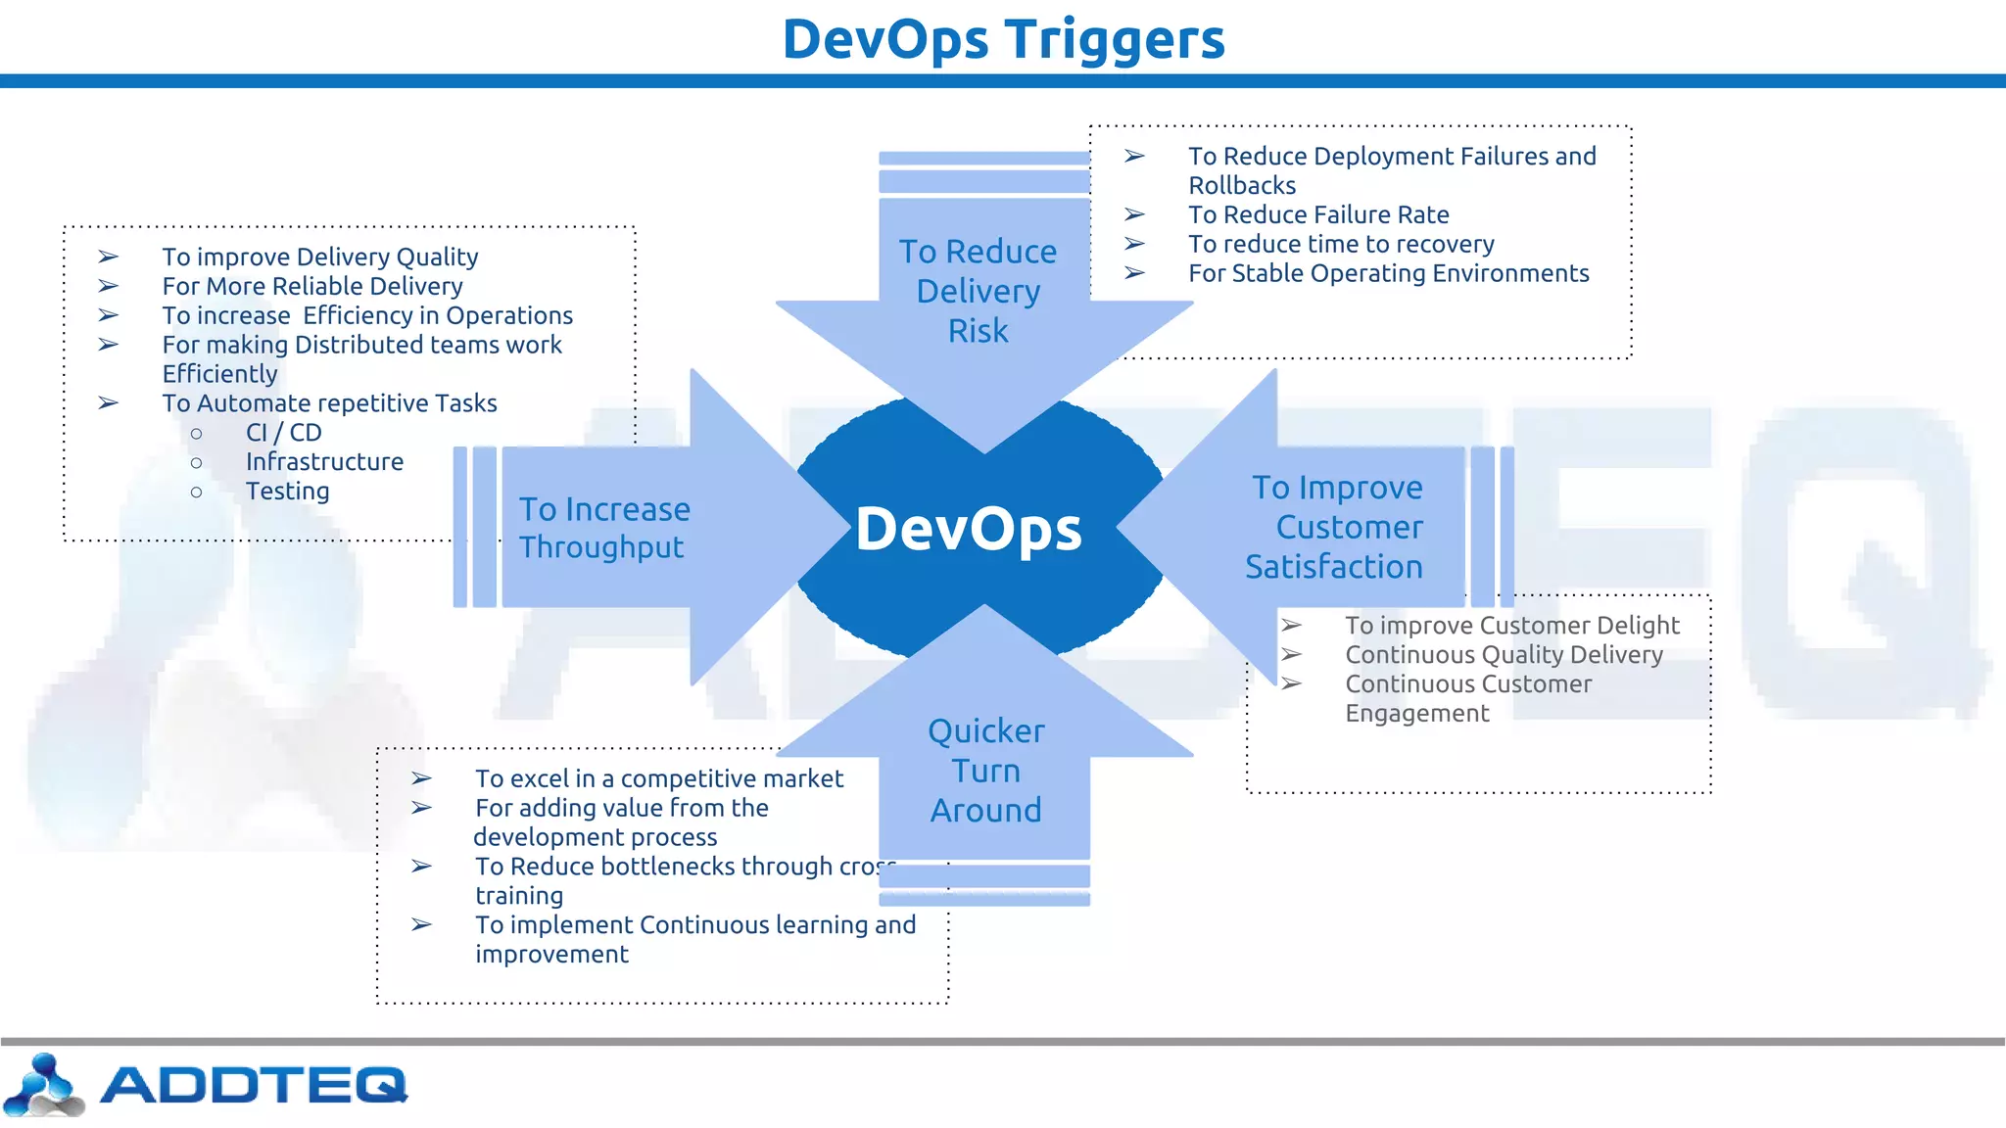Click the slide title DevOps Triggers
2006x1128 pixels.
[x=1003, y=39]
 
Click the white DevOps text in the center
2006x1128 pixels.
[x=969, y=529]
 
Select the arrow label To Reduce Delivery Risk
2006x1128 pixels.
[x=978, y=291]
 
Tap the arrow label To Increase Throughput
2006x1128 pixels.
[x=603, y=528]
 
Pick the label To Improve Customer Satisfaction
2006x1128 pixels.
[x=1337, y=527]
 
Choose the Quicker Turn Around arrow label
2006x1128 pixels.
[x=985, y=771]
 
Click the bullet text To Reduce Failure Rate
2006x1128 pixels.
[x=1318, y=214]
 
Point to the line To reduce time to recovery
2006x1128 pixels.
[x=1341, y=244]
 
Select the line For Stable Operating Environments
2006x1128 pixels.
[x=1388, y=273]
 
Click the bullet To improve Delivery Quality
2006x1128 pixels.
[x=320, y=257]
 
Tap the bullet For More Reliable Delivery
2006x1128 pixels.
[x=312, y=286]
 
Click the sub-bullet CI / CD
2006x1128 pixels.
[x=283, y=433]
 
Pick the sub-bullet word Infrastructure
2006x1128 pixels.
[x=324, y=462]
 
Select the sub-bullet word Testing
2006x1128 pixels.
[x=287, y=492]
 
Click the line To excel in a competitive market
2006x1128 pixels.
[x=659, y=778]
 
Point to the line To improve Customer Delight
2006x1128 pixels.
[x=1511, y=626]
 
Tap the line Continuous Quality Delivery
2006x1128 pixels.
[x=1504, y=655]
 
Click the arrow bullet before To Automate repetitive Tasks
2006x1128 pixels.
[x=108, y=403]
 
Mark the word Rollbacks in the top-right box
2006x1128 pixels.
[x=1242, y=185]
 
